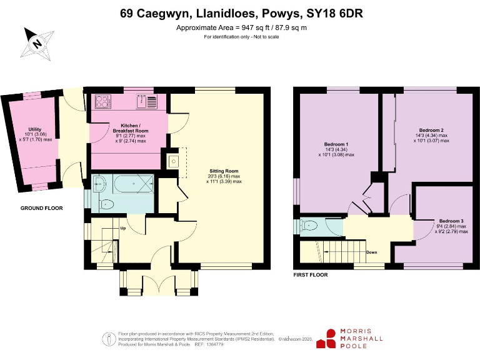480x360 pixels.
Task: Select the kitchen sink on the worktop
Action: point(147,101)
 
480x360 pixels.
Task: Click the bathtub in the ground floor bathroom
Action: point(133,185)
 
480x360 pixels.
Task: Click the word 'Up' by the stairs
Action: point(124,227)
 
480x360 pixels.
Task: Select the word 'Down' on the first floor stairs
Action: point(371,252)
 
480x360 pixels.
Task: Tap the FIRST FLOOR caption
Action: point(311,274)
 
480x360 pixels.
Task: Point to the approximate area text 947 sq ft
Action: point(241,28)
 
